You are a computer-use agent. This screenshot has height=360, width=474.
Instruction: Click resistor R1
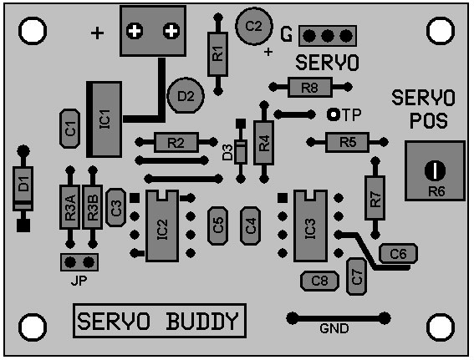(217, 54)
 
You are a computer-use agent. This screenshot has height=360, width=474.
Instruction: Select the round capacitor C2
(254, 26)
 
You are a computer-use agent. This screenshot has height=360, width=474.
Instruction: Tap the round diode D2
(186, 95)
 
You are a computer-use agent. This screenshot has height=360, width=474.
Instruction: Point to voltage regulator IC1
(104, 119)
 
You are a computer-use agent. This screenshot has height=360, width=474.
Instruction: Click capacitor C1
(70, 129)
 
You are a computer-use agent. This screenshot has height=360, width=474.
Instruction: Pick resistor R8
(310, 87)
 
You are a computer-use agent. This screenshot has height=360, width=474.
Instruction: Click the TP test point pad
(334, 114)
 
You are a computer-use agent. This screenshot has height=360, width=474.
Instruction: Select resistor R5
(347, 142)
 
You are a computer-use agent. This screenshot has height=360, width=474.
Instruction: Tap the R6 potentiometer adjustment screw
(435, 170)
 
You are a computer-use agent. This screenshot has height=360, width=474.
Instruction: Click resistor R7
(375, 198)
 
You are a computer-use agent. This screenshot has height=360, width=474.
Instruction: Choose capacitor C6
(399, 253)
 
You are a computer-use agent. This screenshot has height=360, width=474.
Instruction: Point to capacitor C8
(319, 281)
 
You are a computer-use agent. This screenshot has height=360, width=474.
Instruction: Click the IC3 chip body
(310, 226)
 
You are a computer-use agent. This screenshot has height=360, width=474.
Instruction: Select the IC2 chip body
(162, 226)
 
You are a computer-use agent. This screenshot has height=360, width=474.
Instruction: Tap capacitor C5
(217, 226)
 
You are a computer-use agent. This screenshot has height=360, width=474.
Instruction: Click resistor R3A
(70, 207)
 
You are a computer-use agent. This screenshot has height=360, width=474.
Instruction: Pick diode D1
(23, 189)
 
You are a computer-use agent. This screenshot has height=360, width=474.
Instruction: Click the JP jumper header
(79, 262)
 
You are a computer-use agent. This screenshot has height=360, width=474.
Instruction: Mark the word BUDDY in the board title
(201, 321)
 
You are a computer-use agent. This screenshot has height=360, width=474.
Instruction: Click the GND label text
(334, 328)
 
